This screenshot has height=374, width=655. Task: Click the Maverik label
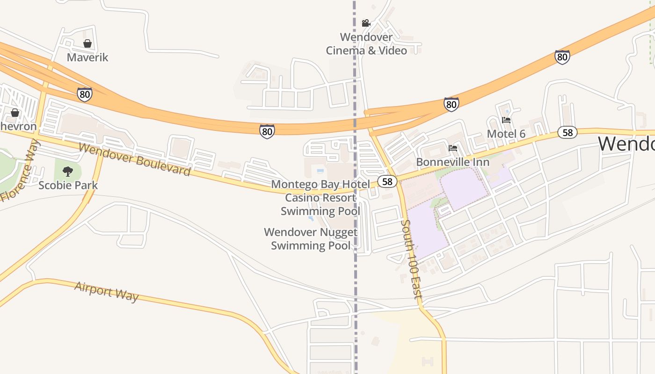[x=87, y=58]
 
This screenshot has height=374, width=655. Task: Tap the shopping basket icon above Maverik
[x=87, y=43]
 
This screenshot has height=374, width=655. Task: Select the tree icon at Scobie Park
[x=68, y=172]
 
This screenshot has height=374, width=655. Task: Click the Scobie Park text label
[x=68, y=185]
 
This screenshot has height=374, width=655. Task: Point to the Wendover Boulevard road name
[x=135, y=159]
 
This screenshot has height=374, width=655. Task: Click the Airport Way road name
[x=107, y=291]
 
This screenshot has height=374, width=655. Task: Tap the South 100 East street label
[x=411, y=259]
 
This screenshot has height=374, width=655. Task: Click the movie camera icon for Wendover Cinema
[x=366, y=23]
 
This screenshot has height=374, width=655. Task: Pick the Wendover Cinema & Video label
[x=366, y=43]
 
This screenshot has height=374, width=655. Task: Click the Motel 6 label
[x=506, y=134]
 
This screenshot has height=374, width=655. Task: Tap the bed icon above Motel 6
[x=506, y=120]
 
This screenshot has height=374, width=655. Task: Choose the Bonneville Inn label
[x=453, y=162]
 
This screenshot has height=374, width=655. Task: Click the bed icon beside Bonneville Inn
[x=453, y=148]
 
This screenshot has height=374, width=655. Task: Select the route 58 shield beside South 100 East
[x=387, y=181]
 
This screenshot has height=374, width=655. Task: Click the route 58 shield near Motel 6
[x=568, y=132]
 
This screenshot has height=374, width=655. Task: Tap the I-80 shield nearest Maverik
[x=85, y=94]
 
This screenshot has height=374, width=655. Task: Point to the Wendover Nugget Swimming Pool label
[x=311, y=238]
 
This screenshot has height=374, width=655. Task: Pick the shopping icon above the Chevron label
[x=15, y=113]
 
